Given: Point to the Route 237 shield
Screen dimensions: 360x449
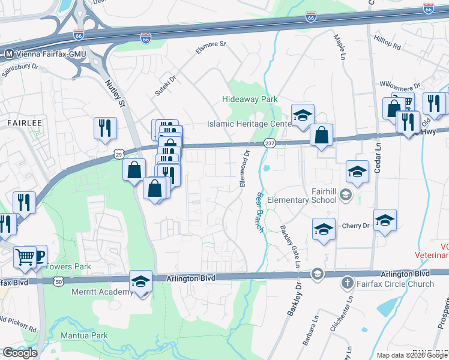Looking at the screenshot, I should [x=270, y=143].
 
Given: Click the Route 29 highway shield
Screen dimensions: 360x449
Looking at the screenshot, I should [x=118, y=155].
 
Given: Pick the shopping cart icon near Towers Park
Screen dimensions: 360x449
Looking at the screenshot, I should [x=25, y=257].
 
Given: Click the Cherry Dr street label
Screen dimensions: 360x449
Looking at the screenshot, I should [x=355, y=226].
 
